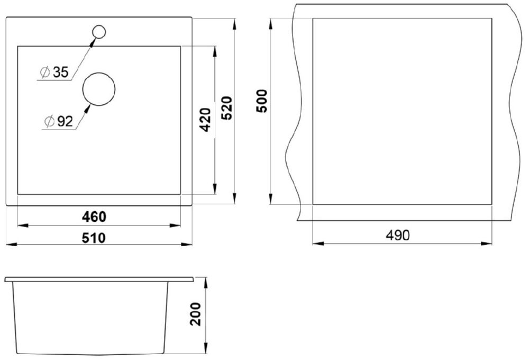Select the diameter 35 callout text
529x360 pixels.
click(54, 72)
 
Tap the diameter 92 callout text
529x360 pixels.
click(59, 121)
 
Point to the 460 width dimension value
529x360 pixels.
click(94, 217)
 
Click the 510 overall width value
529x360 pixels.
click(94, 238)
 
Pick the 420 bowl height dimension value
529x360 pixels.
click(205, 120)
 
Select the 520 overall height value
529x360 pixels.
click(227, 108)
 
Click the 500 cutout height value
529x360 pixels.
click(262, 101)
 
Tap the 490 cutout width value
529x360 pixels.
click(398, 235)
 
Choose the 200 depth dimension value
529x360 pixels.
click(195, 314)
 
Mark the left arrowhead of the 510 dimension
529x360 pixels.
click(12, 244)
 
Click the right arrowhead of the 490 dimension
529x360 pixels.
click(487, 243)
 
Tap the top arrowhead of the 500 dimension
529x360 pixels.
click(270, 24)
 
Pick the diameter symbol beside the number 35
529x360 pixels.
click(45, 73)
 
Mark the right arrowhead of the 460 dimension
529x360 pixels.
click(175, 225)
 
